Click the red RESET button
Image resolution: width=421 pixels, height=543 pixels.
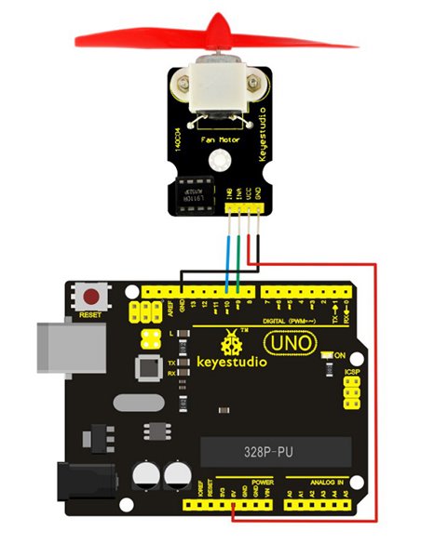click(x=91, y=298)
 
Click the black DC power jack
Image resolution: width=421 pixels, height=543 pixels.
click(x=74, y=484)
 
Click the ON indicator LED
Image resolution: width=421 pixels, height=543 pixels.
click(x=327, y=356)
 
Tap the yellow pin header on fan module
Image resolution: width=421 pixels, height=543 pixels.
click(x=245, y=210)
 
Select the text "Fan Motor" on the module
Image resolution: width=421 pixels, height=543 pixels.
click(x=221, y=141)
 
